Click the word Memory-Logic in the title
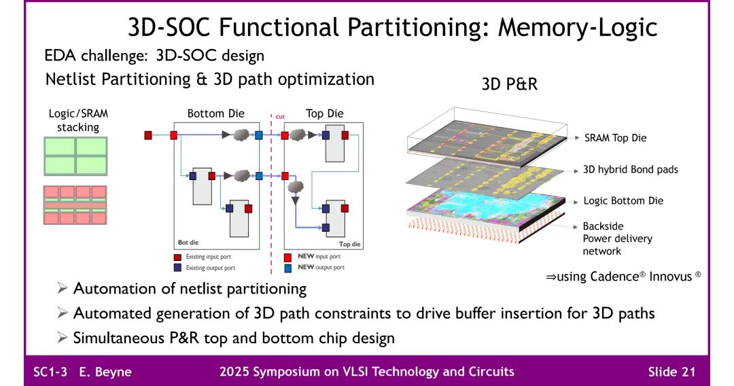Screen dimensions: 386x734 (578, 27)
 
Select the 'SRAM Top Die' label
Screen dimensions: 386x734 (615, 138)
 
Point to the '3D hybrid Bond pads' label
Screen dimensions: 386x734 (630, 169)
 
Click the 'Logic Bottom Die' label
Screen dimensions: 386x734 (623, 200)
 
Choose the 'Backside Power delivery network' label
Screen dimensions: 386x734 (616, 239)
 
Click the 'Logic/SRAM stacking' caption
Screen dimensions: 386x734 (78, 120)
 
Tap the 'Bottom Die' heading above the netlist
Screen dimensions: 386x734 (215, 113)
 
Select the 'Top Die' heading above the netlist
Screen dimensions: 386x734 (324, 113)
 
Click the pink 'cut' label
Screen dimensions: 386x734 (279, 116)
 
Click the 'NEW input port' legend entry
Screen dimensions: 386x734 (319, 257)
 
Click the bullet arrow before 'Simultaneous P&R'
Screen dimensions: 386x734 (63, 337)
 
